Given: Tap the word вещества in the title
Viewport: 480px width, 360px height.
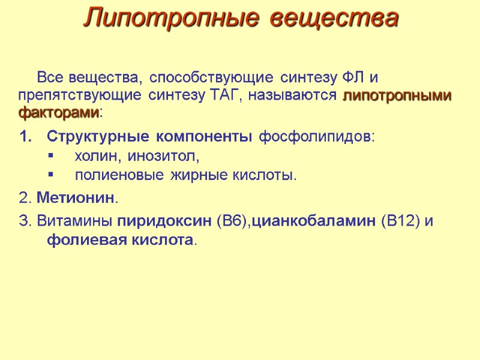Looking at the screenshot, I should (x=333, y=19).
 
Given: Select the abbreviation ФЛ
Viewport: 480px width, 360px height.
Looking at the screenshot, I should (x=353, y=78).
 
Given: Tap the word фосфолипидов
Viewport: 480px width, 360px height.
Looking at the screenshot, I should (x=316, y=137).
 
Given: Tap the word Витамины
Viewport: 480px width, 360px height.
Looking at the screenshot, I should (x=74, y=221).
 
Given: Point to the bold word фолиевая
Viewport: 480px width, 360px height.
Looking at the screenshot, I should (x=83, y=240).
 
